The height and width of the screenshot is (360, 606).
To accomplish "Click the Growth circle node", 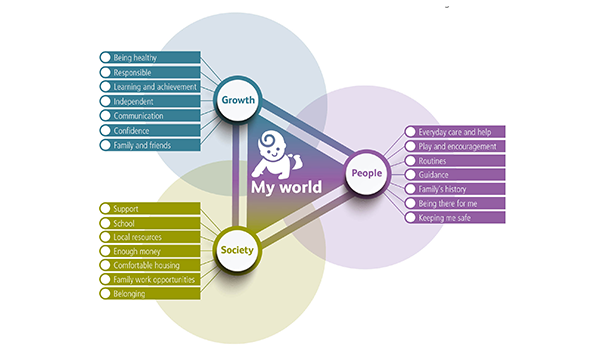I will point(238,100).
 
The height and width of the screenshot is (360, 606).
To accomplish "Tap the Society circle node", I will point(238,251).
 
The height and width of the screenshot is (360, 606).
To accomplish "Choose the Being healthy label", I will point(150,59).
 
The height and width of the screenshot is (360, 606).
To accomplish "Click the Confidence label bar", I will point(150,130).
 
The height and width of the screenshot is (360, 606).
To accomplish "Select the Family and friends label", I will point(150,144).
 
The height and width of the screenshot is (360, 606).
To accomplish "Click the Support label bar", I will point(150,208).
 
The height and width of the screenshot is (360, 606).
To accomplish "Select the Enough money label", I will point(150,251).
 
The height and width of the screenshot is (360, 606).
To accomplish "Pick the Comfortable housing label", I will point(150,265).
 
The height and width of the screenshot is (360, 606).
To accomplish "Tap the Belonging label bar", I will point(150,294).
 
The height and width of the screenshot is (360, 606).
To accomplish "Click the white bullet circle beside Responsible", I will point(105,73).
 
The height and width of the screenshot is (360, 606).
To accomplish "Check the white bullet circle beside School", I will point(105,223).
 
